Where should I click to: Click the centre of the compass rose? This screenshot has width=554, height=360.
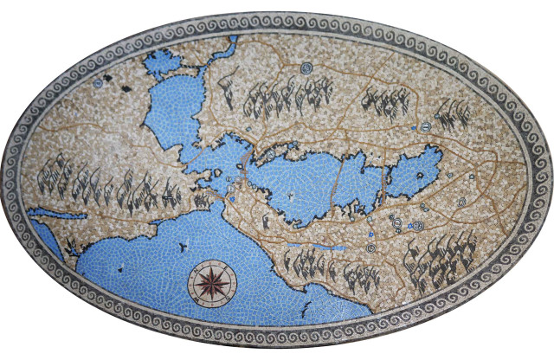[209, 281]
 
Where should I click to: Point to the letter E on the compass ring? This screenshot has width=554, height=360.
[229, 281]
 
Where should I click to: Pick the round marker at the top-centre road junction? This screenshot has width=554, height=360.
[305, 68]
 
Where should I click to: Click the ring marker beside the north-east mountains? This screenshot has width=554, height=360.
[427, 127]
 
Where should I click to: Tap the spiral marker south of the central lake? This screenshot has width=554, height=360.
[371, 247]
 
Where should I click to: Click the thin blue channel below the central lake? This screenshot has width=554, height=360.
[322, 248]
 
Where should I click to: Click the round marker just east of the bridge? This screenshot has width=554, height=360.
[271, 155]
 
